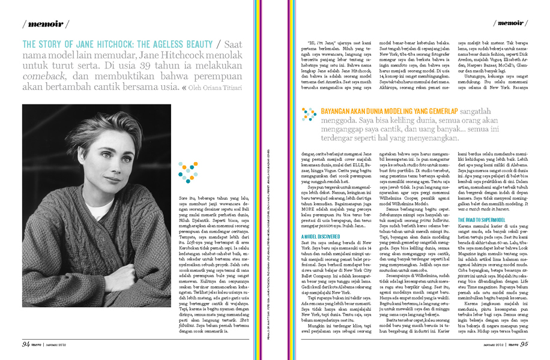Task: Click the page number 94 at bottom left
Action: [x=26, y=344]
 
